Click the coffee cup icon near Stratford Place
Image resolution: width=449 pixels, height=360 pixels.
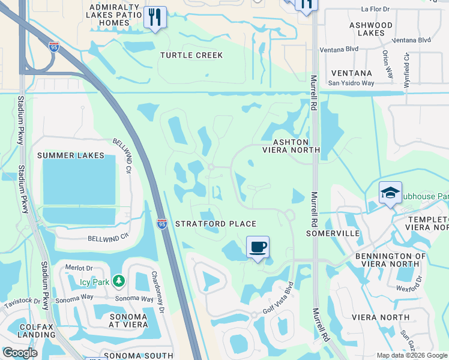[258, 247]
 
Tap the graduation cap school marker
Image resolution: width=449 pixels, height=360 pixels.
[390, 193]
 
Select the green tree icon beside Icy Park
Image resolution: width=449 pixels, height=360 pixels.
[119, 280]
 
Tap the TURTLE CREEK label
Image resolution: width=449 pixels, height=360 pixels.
[191, 55]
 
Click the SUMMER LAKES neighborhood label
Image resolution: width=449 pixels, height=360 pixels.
[71, 155]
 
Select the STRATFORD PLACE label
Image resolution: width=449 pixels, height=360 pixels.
[215, 224]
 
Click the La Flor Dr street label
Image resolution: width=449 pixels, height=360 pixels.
[379, 9]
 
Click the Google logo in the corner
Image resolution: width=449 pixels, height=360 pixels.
[20, 353]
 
